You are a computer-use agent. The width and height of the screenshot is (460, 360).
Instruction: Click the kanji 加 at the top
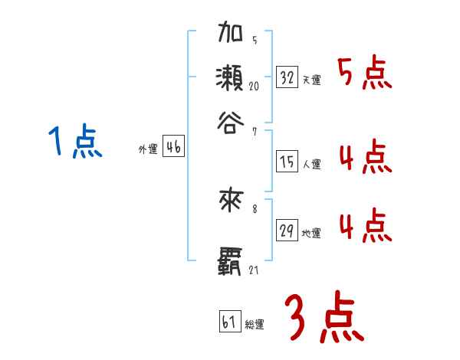point(232,35)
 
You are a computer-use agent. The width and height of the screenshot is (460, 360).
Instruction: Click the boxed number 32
point(287,77)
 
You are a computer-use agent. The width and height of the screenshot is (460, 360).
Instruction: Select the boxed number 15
point(287,161)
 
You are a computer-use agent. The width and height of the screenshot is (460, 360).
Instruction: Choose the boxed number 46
point(172,149)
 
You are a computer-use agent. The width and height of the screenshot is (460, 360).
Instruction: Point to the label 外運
point(148,150)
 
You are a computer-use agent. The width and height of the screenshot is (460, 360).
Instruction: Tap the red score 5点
point(364,74)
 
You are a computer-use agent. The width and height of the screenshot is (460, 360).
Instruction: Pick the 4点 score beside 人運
point(364,159)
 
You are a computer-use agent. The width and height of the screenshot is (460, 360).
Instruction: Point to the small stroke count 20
point(254,86)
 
